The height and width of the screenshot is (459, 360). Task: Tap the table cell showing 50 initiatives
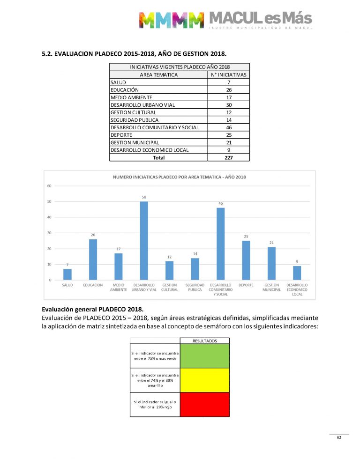[x=228, y=105]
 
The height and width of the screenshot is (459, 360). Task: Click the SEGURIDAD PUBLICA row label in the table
[x=134, y=120]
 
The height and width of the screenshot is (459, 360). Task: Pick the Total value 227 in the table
[x=228, y=158]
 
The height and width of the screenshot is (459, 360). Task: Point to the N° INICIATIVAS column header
[x=228, y=74]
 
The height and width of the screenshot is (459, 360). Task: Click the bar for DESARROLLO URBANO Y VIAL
[x=144, y=241]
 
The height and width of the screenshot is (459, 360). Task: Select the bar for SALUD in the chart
[x=67, y=274]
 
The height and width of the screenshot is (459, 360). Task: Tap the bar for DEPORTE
[x=246, y=260]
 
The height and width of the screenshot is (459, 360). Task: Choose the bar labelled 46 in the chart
[x=220, y=244]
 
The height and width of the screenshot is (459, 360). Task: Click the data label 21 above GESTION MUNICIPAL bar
[x=271, y=243]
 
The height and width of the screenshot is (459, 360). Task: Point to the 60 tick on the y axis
[x=49, y=186]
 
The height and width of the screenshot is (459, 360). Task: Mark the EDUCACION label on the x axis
[x=93, y=285]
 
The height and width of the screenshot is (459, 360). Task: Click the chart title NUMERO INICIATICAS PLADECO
[x=180, y=177]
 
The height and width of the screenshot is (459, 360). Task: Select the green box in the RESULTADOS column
[x=204, y=356]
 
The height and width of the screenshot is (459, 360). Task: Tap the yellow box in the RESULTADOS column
[x=204, y=380]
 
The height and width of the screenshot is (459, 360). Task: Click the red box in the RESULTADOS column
[x=204, y=404]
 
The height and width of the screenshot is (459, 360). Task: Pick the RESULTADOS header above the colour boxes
[x=204, y=341]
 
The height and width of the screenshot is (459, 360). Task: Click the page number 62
[x=338, y=437]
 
